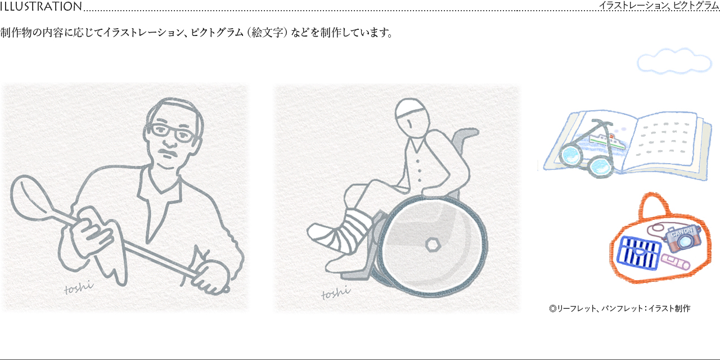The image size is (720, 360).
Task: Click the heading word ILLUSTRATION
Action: tap(41, 7)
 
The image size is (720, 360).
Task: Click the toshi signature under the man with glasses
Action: tap(78, 288)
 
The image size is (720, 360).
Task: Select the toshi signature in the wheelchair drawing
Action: tap(336, 292)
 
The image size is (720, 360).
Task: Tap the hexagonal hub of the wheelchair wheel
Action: tap(433, 244)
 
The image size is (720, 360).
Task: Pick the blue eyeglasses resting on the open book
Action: tap(588, 157)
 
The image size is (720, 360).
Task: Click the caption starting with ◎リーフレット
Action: tap(619, 308)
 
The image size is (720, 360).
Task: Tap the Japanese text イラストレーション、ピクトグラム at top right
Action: tap(659, 6)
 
